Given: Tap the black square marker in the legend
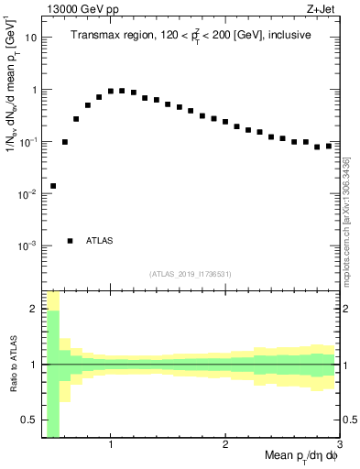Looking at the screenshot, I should point(71,241).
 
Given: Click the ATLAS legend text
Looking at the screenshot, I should point(100,241).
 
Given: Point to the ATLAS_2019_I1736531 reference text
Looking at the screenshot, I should point(191,274).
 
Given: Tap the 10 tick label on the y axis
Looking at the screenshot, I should point(31,38).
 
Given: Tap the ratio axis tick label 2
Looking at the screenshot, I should point(35,310).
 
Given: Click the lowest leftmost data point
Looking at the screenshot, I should point(53,186).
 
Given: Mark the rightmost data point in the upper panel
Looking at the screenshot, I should point(328,146).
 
